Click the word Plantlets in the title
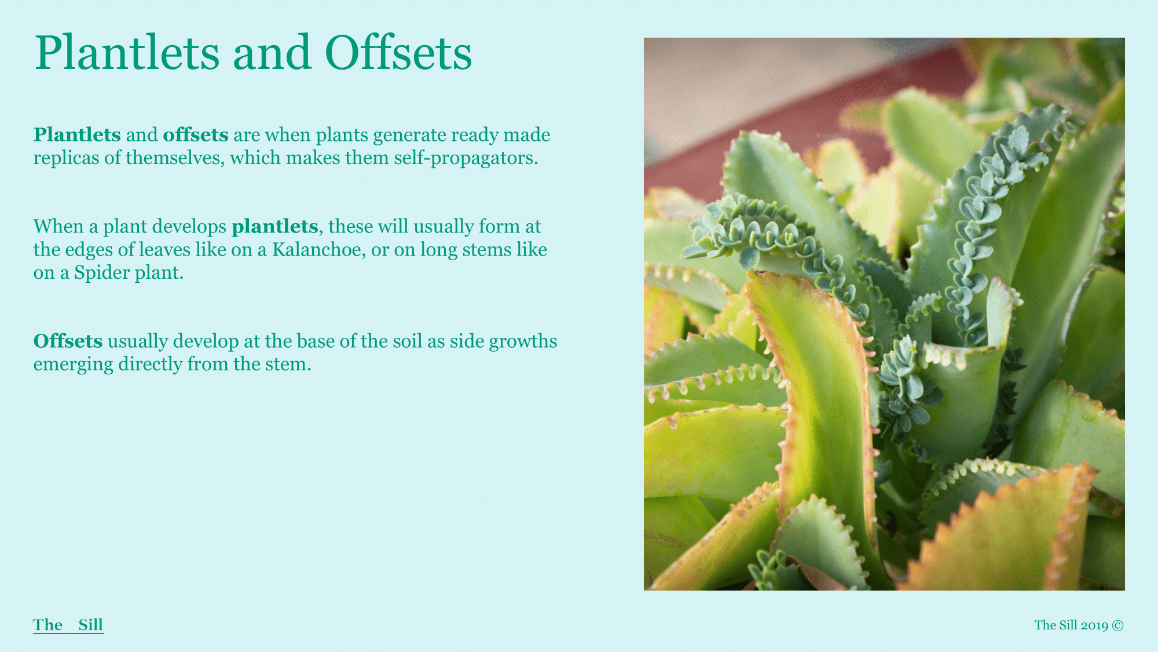point(127,53)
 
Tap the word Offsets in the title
point(398,53)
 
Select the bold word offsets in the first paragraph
point(196,134)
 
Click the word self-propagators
point(466,158)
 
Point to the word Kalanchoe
point(318,249)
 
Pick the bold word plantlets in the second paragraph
point(275,227)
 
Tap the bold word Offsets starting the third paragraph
point(68,341)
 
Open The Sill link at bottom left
point(68,625)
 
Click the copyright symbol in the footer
point(1117,625)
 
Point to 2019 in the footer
point(1094,625)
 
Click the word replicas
point(66,158)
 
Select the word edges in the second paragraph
point(89,249)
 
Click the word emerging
point(74,365)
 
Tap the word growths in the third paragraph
point(523,341)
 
